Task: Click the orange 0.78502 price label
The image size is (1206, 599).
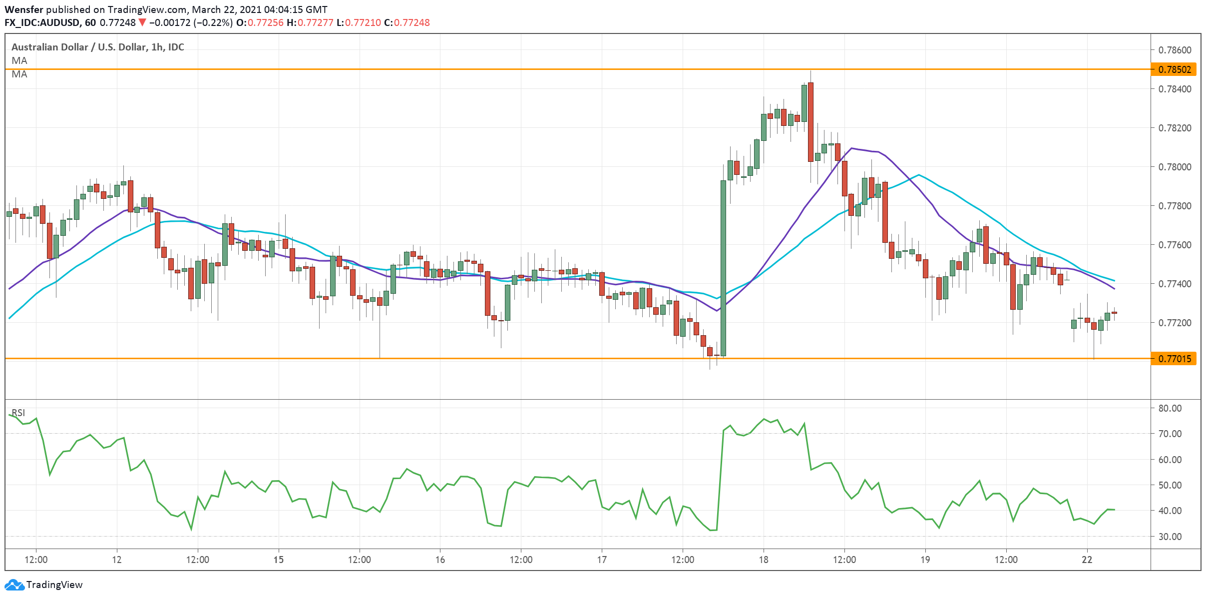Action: point(1174,69)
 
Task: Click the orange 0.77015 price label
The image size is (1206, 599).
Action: point(1174,359)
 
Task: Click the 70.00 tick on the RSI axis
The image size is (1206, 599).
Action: point(1170,434)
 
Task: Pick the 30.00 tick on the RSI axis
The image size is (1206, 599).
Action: point(1170,537)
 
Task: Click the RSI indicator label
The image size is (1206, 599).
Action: point(18,413)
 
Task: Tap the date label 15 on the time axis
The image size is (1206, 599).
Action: point(278,560)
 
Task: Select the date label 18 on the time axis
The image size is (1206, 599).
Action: point(764,560)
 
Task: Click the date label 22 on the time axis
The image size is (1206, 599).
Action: point(1087,560)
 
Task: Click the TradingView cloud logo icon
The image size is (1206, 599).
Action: point(14,585)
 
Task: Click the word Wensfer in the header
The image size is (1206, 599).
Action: point(24,9)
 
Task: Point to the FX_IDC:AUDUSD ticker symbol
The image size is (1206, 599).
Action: point(43,22)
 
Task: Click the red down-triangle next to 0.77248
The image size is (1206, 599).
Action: point(142,22)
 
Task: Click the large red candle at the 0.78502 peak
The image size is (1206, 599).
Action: point(810,122)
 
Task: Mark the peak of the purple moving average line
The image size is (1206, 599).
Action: point(851,148)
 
